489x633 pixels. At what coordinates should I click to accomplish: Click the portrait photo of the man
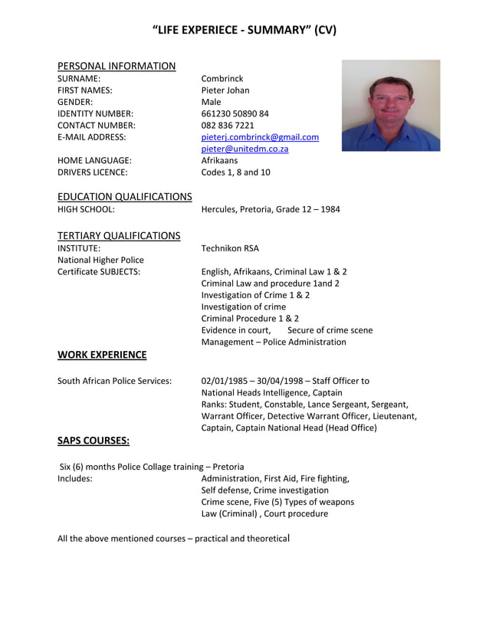pyautogui.click(x=390, y=105)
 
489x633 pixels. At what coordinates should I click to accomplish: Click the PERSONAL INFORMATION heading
pyautogui.click(x=117, y=66)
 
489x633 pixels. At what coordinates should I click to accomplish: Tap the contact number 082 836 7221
pyautogui.click(x=228, y=125)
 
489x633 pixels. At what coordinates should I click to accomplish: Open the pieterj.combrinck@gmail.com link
pyautogui.click(x=260, y=137)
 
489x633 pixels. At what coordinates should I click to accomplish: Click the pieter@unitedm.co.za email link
pyautogui.click(x=244, y=149)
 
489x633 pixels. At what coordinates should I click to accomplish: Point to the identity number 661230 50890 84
pyautogui.click(x=235, y=113)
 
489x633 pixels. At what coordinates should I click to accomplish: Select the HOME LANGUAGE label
pyautogui.click(x=94, y=161)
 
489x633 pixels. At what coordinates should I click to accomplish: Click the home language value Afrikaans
pyautogui.click(x=219, y=161)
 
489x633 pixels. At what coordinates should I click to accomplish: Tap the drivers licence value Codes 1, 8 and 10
pyautogui.click(x=235, y=172)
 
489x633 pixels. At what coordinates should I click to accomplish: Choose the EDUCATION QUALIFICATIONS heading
pyautogui.click(x=125, y=197)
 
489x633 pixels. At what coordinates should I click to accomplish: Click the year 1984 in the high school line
pyautogui.click(x=329, y=209)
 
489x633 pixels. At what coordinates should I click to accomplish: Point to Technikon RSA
pyautogui.click(x=230, y=248)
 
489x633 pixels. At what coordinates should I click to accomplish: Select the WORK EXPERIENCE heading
pyautogui.click(x=102, y=355)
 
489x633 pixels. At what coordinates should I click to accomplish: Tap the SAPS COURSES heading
pyautogui.click(x=94, y=441)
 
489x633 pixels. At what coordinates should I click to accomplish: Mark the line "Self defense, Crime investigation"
pyautogui.click(x=264, y=490)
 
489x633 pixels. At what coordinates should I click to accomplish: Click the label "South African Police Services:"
pyautogui.click(x=115, y=380)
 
